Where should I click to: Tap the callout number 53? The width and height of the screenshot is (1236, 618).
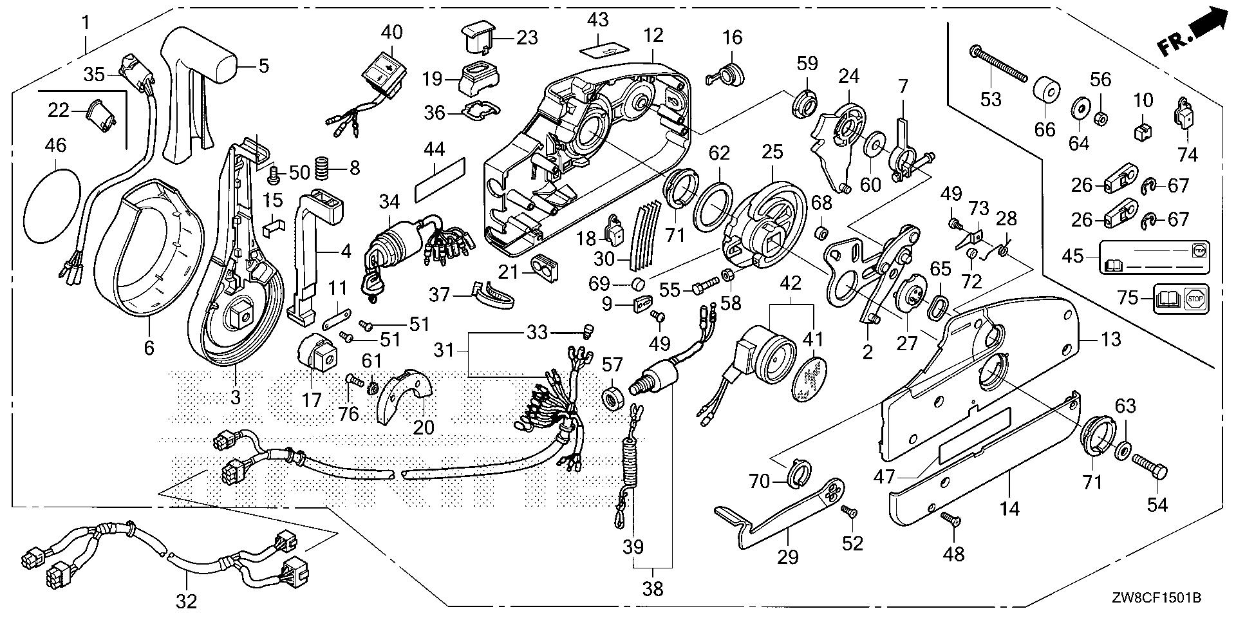pos(991,98)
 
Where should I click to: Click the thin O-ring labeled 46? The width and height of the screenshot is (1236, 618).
pos(53,205)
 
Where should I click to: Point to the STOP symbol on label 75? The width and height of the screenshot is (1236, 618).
pos(1195,299)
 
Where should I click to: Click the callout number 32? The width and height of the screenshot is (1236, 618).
pos(187,602)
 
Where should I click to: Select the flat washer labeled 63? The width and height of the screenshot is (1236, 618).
pos(1122,447)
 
